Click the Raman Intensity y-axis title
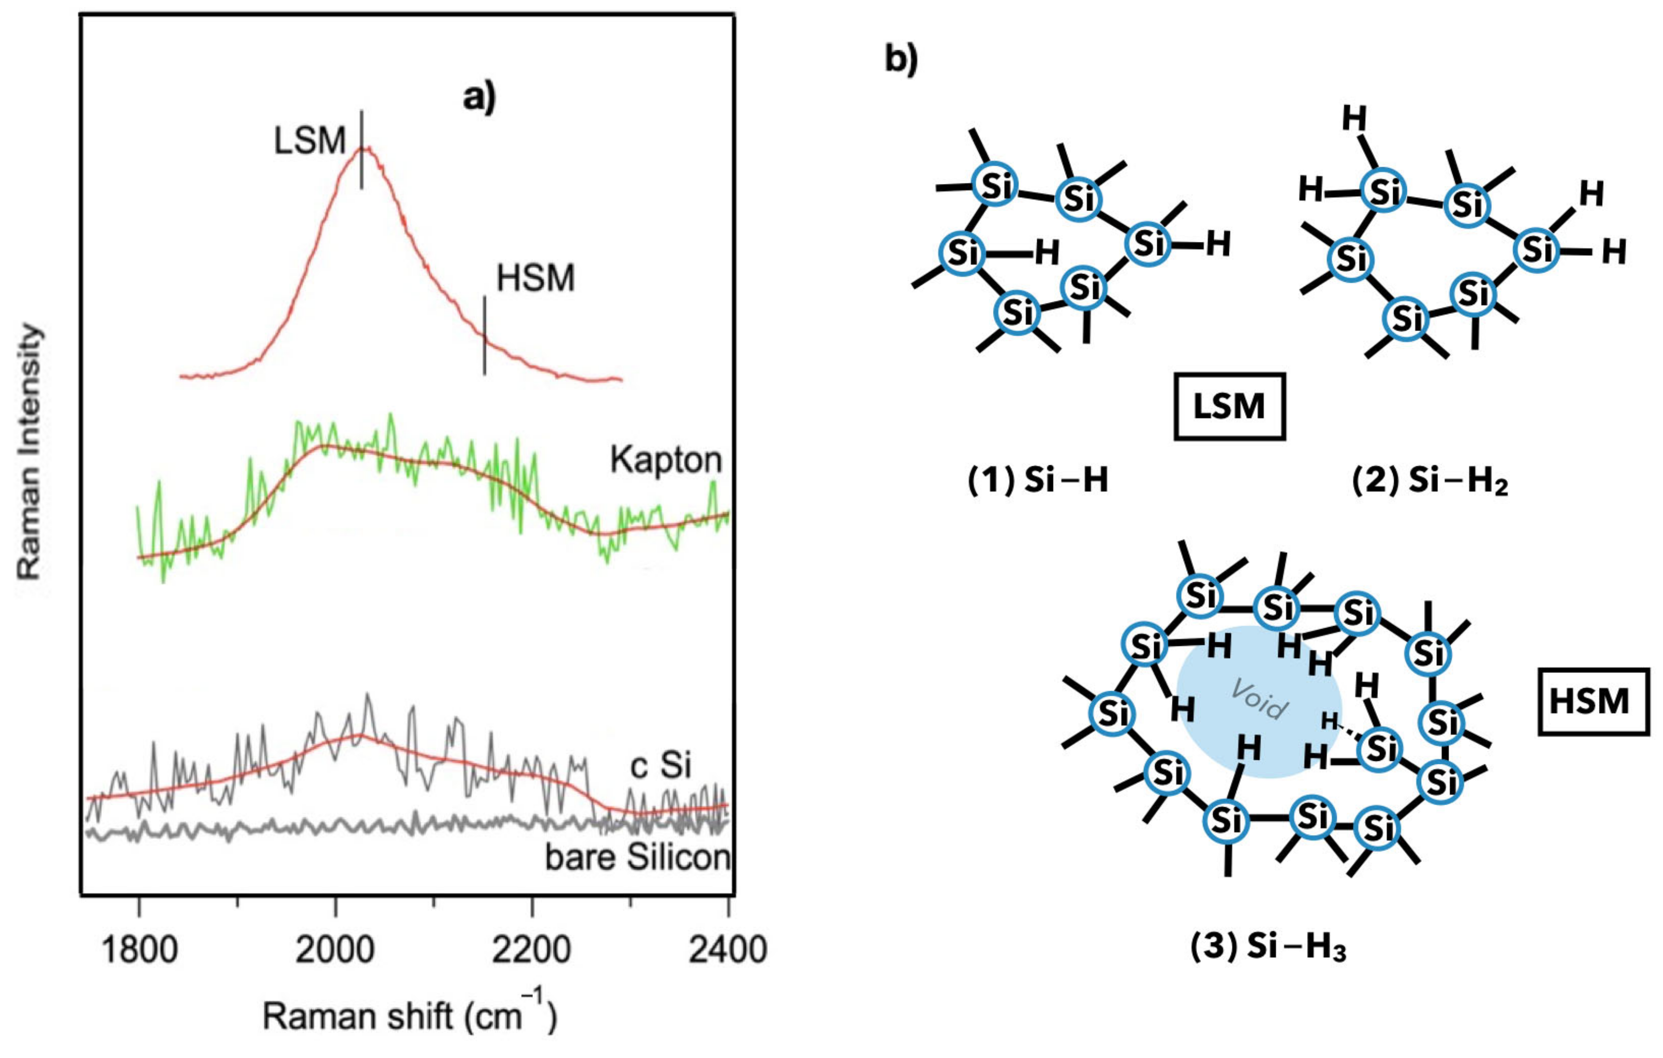tap(30, 452)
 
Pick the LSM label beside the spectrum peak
tap(309, 142)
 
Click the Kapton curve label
tap(666, 459)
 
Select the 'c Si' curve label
tap(660, 766)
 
